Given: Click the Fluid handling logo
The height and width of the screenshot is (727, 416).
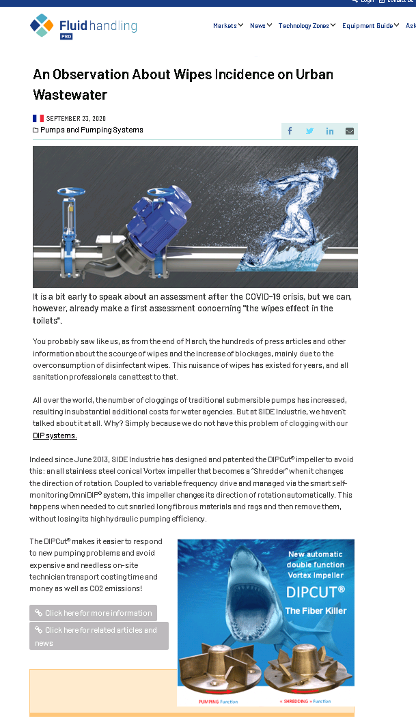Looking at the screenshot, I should click(x=83, y=26).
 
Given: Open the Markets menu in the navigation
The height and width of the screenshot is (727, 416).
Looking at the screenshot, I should click(x=228, y=26).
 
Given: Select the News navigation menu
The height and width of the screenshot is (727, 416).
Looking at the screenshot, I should click(x=261, y=26).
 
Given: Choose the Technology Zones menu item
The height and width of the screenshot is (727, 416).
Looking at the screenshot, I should click(x=307, y=26).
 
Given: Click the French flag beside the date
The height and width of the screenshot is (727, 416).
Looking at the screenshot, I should click(x=38, y=118).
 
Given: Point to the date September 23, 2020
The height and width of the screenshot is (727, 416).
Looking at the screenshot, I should click(x=76, y=118).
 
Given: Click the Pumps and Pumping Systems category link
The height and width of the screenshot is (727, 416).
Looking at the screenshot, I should click(x=92, y=130).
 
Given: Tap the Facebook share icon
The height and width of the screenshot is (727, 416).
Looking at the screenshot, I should click(x=290, y=131).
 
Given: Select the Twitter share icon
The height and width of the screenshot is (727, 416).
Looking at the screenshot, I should click(x=309, y=131).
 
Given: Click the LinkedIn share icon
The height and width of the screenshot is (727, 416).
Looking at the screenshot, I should click(x=330, y=131).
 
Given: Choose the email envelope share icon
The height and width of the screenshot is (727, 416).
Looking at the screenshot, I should click(x=350, y=131).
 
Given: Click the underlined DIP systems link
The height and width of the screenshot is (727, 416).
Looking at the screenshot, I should click(x=55, y=436).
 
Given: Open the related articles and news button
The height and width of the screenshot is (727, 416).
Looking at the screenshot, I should click(x=99, y=636).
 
